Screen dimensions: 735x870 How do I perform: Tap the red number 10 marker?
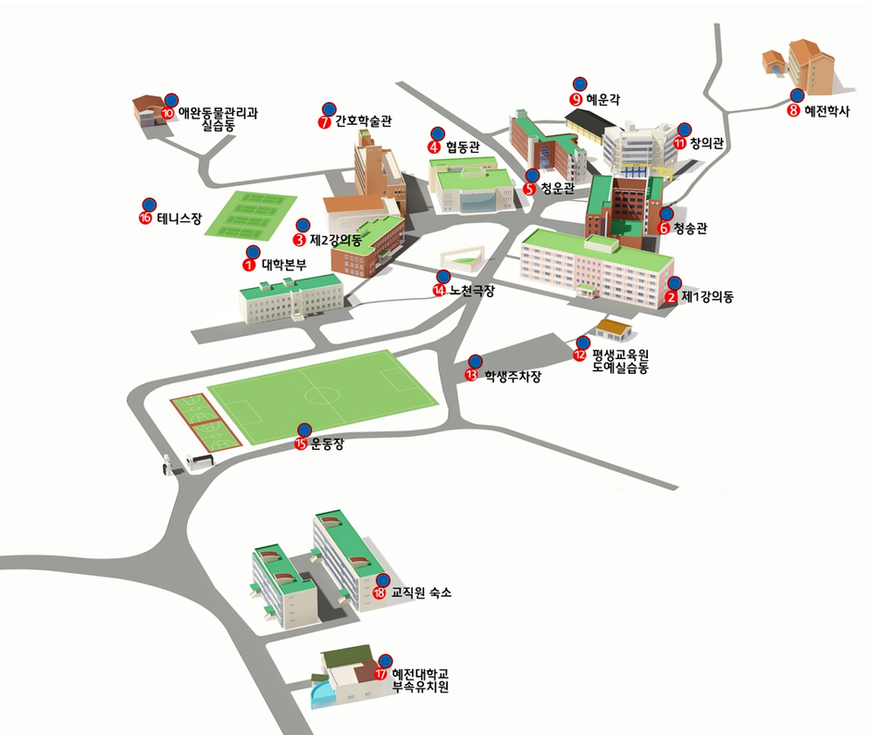click(x=168, y=113)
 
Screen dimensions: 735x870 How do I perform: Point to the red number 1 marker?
click(x=248, y=264)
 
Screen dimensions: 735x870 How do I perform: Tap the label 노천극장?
click(x=471, y=291)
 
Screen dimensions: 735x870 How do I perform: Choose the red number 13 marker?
click(x=471, y=375)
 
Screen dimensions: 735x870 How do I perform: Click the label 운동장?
click(x=327, y=443)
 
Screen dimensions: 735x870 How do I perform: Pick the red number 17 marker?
click(x=379, y=674)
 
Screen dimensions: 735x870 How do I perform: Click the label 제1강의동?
click(x=707, y=298)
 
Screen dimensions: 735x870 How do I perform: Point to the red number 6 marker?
click(x=663, y=228)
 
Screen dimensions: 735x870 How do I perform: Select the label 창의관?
click(x=710, y=143)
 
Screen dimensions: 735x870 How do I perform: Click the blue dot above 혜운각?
click(x=580, y=81)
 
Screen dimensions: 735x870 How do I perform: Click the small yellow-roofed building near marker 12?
click(x=613, y=327)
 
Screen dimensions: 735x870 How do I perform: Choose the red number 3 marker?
click(x=299, y=240)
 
